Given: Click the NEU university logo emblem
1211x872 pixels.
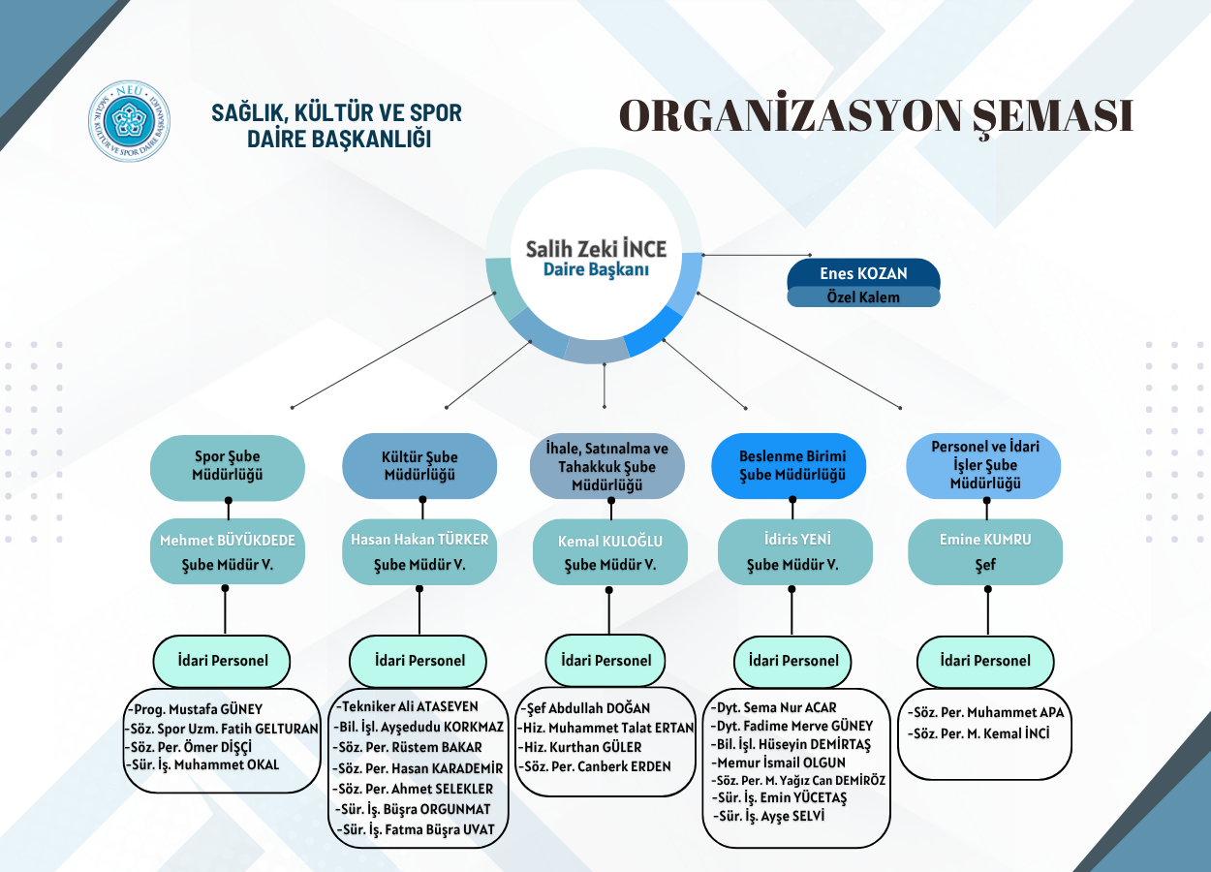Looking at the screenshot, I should [x=129, y=121].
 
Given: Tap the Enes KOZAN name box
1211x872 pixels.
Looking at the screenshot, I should [x=863, y=273].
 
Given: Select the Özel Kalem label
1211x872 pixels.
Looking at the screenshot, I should [x=863, y=297].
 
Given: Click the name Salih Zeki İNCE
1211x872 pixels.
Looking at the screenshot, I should [x=596, y=250].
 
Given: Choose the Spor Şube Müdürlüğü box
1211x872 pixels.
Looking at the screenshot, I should [x=228, y=466].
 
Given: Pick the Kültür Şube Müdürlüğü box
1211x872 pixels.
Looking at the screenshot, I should [x=419, y=466].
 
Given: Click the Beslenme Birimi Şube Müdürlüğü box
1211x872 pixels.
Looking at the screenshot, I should [x=792, y=465].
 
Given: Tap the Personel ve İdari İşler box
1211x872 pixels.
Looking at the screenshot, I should [x=983, y=465].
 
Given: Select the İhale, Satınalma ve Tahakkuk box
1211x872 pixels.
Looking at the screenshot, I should [x=606, y=466].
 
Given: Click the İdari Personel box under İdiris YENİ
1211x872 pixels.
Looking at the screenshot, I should [x=792, y=661].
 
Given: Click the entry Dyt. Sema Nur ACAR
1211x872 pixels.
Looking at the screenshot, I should [x=775, y=707].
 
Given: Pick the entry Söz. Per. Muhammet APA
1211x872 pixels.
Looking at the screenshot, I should [x=986, y=713].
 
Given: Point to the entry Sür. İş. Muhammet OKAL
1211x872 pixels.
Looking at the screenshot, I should [x=202, y=764].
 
